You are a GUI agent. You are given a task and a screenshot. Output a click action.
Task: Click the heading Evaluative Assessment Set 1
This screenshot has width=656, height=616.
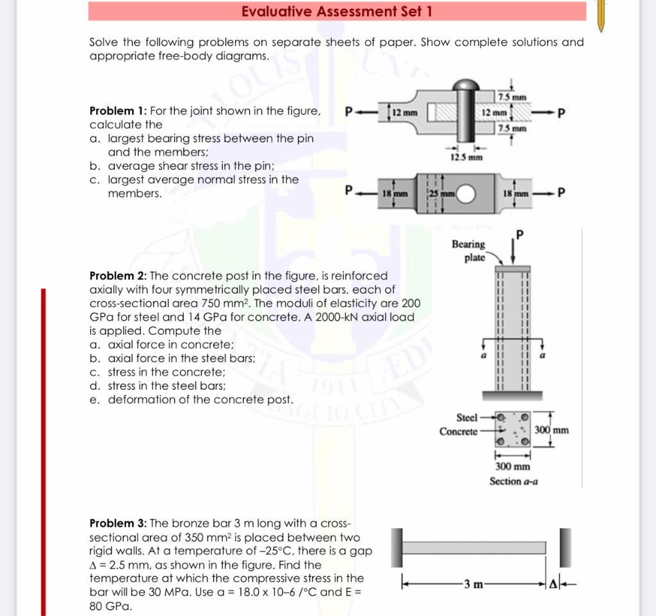pyautogui.click(x=337, y=12)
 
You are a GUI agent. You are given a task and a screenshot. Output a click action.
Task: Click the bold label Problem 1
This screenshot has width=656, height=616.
pyautogui.click(x=118, y=111)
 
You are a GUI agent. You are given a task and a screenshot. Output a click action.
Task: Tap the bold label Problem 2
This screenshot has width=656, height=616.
pyautogui.click(x=118, y=276)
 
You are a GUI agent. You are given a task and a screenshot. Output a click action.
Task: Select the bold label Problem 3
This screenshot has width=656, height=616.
pyautogui.click(x=118, y=523)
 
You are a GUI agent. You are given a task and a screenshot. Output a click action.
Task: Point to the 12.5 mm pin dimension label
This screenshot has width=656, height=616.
pyautogui.click(x=466, y=157)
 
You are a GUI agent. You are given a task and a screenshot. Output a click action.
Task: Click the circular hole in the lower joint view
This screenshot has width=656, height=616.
pyautogui.click(x=465, y=194)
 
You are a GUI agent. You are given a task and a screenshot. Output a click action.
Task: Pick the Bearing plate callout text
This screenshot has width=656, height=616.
pyautogui.click(x=468, y=250)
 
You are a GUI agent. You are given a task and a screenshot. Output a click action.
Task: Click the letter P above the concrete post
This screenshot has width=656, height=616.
pyautogui.click(x=520, y=235)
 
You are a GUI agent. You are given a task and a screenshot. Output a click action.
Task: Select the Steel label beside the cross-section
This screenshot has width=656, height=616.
pyautogui.click(x=467, y=418)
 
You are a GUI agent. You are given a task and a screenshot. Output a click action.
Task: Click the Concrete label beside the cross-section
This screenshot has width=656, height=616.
pyautogui.click(x=459, y=431)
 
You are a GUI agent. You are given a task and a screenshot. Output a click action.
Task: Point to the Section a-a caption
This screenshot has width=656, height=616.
pyautogui.click(x=514, y=481)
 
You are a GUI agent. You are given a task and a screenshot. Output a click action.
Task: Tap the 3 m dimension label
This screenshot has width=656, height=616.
pyautogui.click(x=473, y=584)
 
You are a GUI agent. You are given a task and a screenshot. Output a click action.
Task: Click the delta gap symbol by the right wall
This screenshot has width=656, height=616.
pyautogui.click(x=553, y=584)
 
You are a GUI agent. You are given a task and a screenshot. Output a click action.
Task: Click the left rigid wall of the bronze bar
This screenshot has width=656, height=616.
pyautogui.click(x=397, y=547)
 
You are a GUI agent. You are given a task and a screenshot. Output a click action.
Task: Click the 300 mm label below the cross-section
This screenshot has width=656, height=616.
pyautogui.click(x=512, y=466)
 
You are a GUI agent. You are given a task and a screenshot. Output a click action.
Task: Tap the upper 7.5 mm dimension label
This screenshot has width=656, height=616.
pyautogui.click(x=512, y=97)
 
